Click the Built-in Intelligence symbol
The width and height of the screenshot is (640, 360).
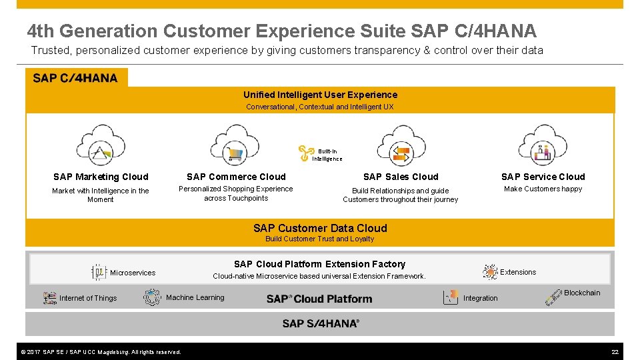[x=306, y=154]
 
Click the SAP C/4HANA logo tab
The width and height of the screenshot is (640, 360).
[x=75, y=78]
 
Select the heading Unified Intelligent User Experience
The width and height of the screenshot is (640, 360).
[x=320, y=95]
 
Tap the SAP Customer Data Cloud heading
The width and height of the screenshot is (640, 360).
[x=320, y=228]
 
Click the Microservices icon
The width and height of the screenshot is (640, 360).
[x=99, y=272]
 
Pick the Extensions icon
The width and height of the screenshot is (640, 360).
[x=490, y=271]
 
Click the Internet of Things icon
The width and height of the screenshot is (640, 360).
[x=50, y=298]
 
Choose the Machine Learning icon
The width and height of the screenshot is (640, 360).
[x=153, y=297]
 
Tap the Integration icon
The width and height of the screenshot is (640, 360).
[x=451, y=297]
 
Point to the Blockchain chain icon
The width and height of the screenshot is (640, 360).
[x=553, y=297]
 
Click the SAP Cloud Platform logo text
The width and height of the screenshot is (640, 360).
[x=319, y=299]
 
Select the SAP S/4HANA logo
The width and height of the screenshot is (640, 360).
[x=321, y=323]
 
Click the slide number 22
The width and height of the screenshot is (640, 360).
[x=615, y=351]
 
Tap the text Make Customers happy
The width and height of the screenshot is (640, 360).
[x=543, y=189]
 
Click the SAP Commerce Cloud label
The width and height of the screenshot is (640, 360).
[x=236, y=177]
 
